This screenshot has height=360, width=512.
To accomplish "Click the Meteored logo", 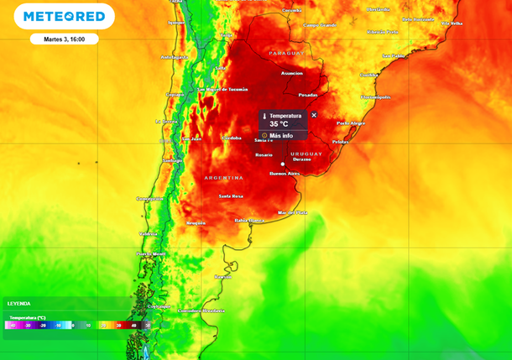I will coord(65,17).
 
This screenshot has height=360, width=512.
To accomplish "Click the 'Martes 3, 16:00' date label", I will coord(65,39).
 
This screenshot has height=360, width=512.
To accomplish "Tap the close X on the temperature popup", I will coord(314,115).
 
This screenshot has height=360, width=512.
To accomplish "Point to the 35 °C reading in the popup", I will coord(279,124).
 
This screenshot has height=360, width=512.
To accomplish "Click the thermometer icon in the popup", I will coord(264,116).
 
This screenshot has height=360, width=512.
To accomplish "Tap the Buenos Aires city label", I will coord(284,174).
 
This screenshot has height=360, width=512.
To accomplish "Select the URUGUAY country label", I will coord(306,154).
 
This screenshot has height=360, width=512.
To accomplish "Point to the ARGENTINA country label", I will coord(223,178).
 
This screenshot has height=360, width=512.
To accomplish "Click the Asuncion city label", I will coord(292,73).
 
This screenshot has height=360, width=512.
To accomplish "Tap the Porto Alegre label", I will coord(351,123).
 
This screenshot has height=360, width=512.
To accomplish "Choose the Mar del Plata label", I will coord(292,212).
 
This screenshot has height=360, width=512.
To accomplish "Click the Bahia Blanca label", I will coord(250,220).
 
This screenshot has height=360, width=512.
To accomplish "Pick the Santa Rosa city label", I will coord(231,196).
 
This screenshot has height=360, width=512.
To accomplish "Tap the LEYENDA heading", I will coord(19,303).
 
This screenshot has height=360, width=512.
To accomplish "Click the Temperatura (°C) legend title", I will coord(29,318).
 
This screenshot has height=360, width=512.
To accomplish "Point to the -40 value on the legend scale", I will coord(12,325).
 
